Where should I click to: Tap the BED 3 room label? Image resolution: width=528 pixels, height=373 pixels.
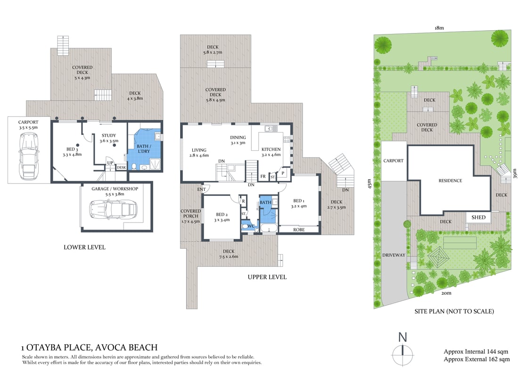tap(72, 150)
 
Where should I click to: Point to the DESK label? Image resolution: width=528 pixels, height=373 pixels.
tap(121, 167)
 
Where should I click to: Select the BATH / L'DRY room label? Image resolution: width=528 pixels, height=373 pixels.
tap(144, 149)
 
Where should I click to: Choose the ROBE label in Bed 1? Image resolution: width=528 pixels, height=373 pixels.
tap(298, 230)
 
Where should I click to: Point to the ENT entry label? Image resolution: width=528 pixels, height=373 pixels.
tap(202, 189)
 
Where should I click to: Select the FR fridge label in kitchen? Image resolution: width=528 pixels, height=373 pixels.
tap(262, 177)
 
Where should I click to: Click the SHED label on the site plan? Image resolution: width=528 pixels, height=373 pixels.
tap(478, 218)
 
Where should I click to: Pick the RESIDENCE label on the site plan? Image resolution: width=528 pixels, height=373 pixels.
tap(450, 181)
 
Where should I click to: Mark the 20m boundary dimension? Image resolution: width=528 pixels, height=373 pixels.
tap(446, 293)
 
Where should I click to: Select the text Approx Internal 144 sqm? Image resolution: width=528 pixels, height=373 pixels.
tap(476, 352)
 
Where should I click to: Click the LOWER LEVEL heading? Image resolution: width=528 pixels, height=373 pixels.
tap(85, 247)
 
